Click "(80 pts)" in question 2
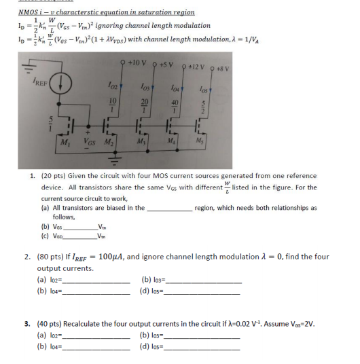click(x=54, y=257)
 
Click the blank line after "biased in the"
click(x=169, y=208)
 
